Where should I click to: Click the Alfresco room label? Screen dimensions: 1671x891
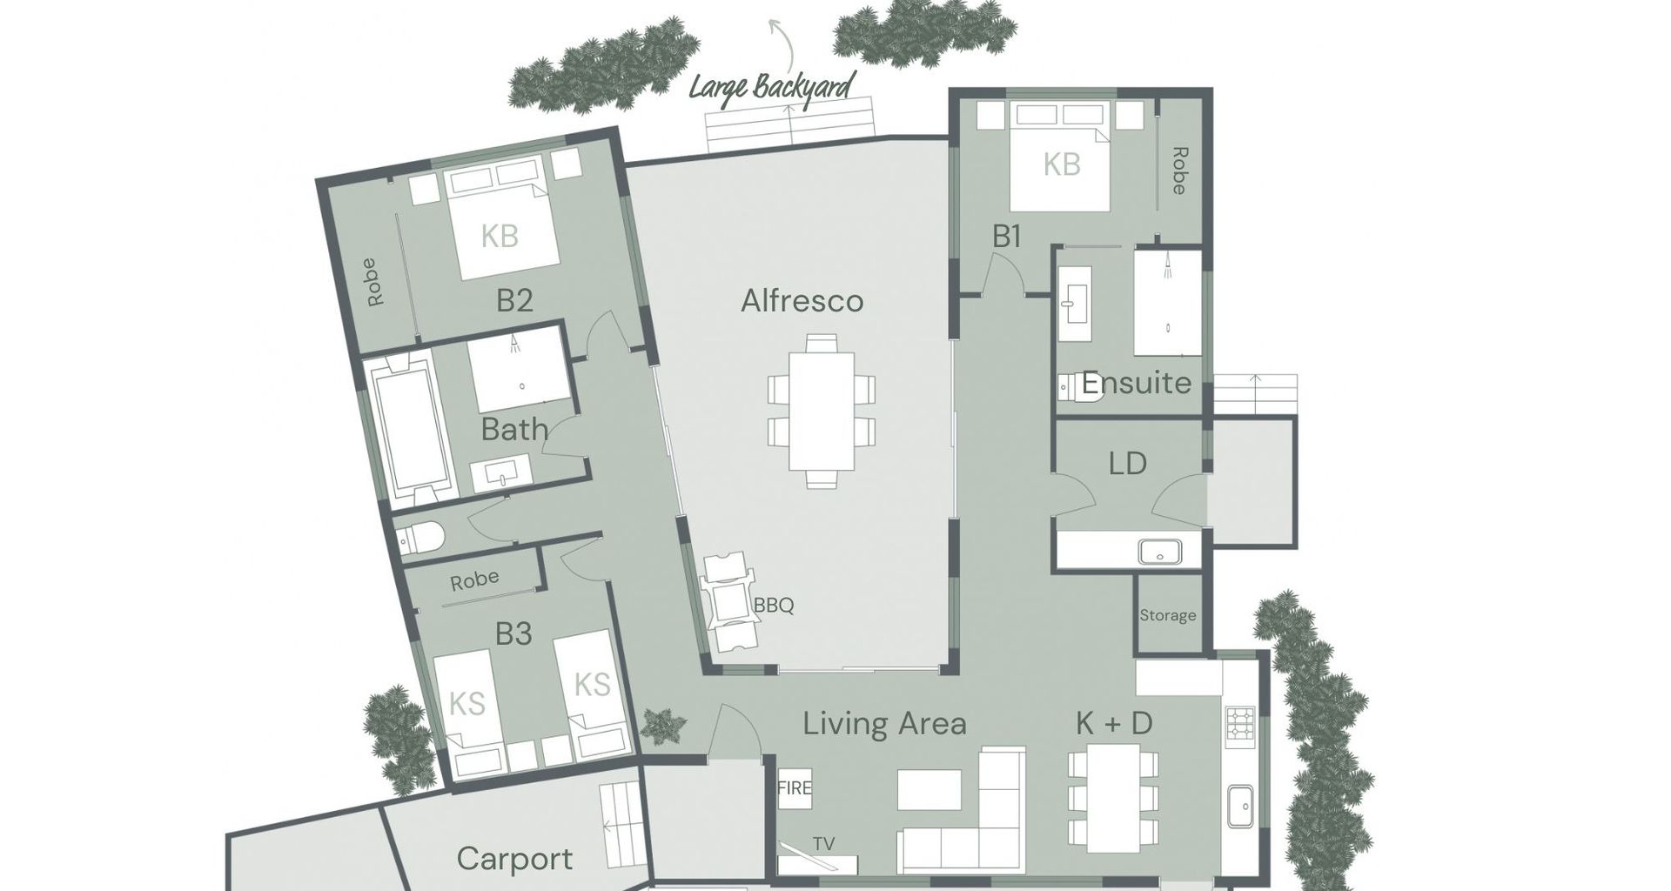click(802, 301)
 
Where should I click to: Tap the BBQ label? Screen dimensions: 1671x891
click(774, 606)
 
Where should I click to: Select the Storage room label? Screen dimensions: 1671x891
click(1168, 616)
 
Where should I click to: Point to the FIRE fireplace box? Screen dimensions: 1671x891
click(795, 789)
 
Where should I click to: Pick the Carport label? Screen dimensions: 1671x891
click(514, 860)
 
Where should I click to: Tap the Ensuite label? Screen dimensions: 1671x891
click(1136, 383)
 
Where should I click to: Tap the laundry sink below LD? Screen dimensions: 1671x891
click(1159, 551)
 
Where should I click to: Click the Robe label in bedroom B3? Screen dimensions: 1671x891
click(474, 580)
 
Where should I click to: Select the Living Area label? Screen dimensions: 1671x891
click(884, 724)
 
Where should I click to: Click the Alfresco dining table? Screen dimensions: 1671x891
click(822, 411)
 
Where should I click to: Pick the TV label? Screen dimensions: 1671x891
click(823, 843)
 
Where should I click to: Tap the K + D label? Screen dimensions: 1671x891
click(1114, 724)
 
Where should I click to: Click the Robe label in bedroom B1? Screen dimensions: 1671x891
click(1179, 171)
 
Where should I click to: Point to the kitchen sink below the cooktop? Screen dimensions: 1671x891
click(1240, 807)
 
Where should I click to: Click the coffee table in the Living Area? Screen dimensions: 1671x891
click(929, 790)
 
